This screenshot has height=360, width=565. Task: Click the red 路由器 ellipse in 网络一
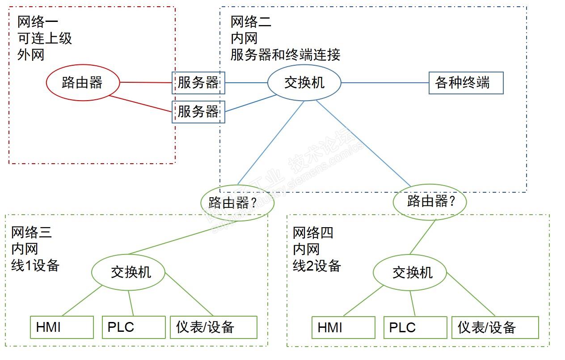pos(83,82)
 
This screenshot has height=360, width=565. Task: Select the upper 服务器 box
pos(198,83)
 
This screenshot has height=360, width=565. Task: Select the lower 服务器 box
pos(198,111)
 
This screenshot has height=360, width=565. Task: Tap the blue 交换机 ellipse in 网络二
pos(304,83)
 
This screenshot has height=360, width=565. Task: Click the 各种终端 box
pos(466,83)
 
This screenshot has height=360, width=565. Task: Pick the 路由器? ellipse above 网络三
pos(237,202)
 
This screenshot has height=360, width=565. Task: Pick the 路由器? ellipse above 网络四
pos(430,201)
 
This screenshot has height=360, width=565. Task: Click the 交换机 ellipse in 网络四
pos(410,272)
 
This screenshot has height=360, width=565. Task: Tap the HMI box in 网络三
pos(62,327)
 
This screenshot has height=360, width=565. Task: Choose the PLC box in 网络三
pos(134,327)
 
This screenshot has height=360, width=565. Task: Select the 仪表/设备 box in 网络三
pos(213,327)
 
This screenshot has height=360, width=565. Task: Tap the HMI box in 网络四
pos(343,328)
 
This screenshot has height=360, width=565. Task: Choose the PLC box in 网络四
pos(415,328)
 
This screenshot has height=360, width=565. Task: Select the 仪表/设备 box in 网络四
pos(495,328)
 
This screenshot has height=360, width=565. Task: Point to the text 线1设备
pos(35,266)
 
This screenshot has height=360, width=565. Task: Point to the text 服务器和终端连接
pos(285,55)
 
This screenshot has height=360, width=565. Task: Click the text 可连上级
pos(45,38)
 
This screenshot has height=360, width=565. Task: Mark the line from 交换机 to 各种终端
pos(384,83)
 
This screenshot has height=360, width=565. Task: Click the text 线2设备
pos(317,266)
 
